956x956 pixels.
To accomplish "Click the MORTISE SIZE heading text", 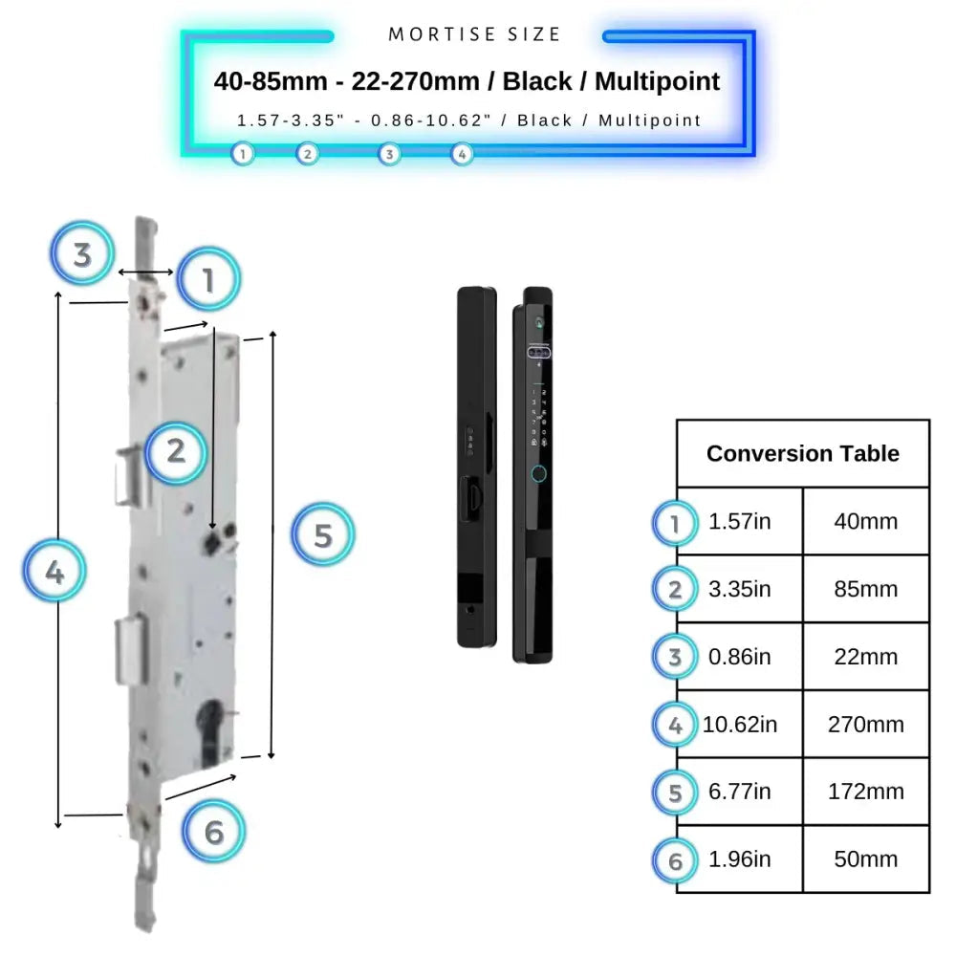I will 474,35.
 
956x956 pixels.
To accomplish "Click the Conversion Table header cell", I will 802,453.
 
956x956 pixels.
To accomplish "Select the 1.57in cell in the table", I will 739,522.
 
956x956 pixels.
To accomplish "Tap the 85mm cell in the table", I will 865,589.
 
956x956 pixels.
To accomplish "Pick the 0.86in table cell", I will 739,657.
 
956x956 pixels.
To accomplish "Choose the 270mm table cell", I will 865,725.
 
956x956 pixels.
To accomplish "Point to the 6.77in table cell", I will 739,792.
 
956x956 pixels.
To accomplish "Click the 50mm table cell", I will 865,859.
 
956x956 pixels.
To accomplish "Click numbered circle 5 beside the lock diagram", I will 322,535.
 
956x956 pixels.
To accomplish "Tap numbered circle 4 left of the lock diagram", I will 54,573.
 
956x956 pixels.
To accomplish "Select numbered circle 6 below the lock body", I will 213,832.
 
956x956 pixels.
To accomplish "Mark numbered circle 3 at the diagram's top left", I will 83,254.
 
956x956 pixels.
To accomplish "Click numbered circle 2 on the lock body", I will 176,451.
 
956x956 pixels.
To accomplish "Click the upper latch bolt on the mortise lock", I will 130,475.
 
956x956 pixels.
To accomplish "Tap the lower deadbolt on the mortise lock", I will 129,650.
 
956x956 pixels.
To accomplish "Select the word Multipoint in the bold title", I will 657,81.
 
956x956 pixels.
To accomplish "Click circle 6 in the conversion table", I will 676,860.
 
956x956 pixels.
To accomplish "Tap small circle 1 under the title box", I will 243,153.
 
